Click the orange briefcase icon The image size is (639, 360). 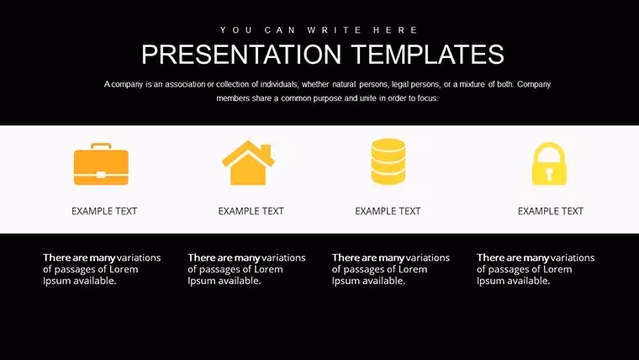pyautogui.click(x=101, y=164)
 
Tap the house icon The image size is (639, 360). pyautogui.click(x=248, y=162)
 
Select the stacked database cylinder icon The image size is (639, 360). pyautogui.click(x=388, y=161)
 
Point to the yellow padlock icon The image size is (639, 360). pyautogui.click(x=549, y=163)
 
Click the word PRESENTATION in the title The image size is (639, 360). pyautogui.click(x=241, y=55)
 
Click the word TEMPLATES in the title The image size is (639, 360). pyautogui.click(x=428, y=55)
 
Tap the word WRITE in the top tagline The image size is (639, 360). pyautogui.click(x=335, y=30)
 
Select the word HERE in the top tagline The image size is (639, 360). pyautogui.click(x=396, y=30)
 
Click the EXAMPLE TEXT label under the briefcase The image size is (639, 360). pyautogui.click(x=104, y=211)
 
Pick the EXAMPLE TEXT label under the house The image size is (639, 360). pyautogui.click(x=251, y=211)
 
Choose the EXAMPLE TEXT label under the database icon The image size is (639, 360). pyautogui.click(x=388, y=211)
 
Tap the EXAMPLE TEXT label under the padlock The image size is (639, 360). pyautogui.click(x=551, y=211)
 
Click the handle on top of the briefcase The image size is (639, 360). pyautogui.click(x=101, y=146)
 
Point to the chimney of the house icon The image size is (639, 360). pyautogui.click(x=267, y=150)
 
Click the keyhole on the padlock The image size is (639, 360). pyautogui.click(x=549, y=174)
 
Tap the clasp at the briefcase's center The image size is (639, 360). pyautogui.click(x=101, y=175)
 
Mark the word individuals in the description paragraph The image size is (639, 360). pyautogui.click(x=279, y=84)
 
